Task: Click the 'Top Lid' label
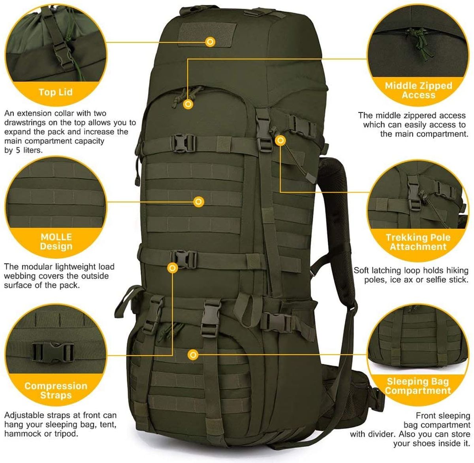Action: pyautogui.click(x=56, y=92)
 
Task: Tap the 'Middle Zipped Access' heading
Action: pyautogui.click(x=418, y=90)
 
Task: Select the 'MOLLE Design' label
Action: pyautogui.click(x=56, y=241)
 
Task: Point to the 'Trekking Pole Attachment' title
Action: pyautogui.click(x=418, y=242)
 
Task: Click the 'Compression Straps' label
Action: pyautogui.click(x=56, y=390)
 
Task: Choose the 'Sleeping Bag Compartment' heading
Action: pyautogui.click(x=418, y=386)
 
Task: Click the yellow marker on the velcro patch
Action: pyautogui.click(x=210, y=42)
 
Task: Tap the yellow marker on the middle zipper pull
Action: pyautogui.click(x=188, y=104)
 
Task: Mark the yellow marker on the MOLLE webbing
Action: pyautogui.click(x=199, y=202)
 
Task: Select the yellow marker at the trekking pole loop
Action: pyautogui.click(x=280, y=140)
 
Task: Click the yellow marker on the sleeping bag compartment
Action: pyautogui.click(x=193, y=354)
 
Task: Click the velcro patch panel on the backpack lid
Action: pyautogui.click(x=207, y=35)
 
